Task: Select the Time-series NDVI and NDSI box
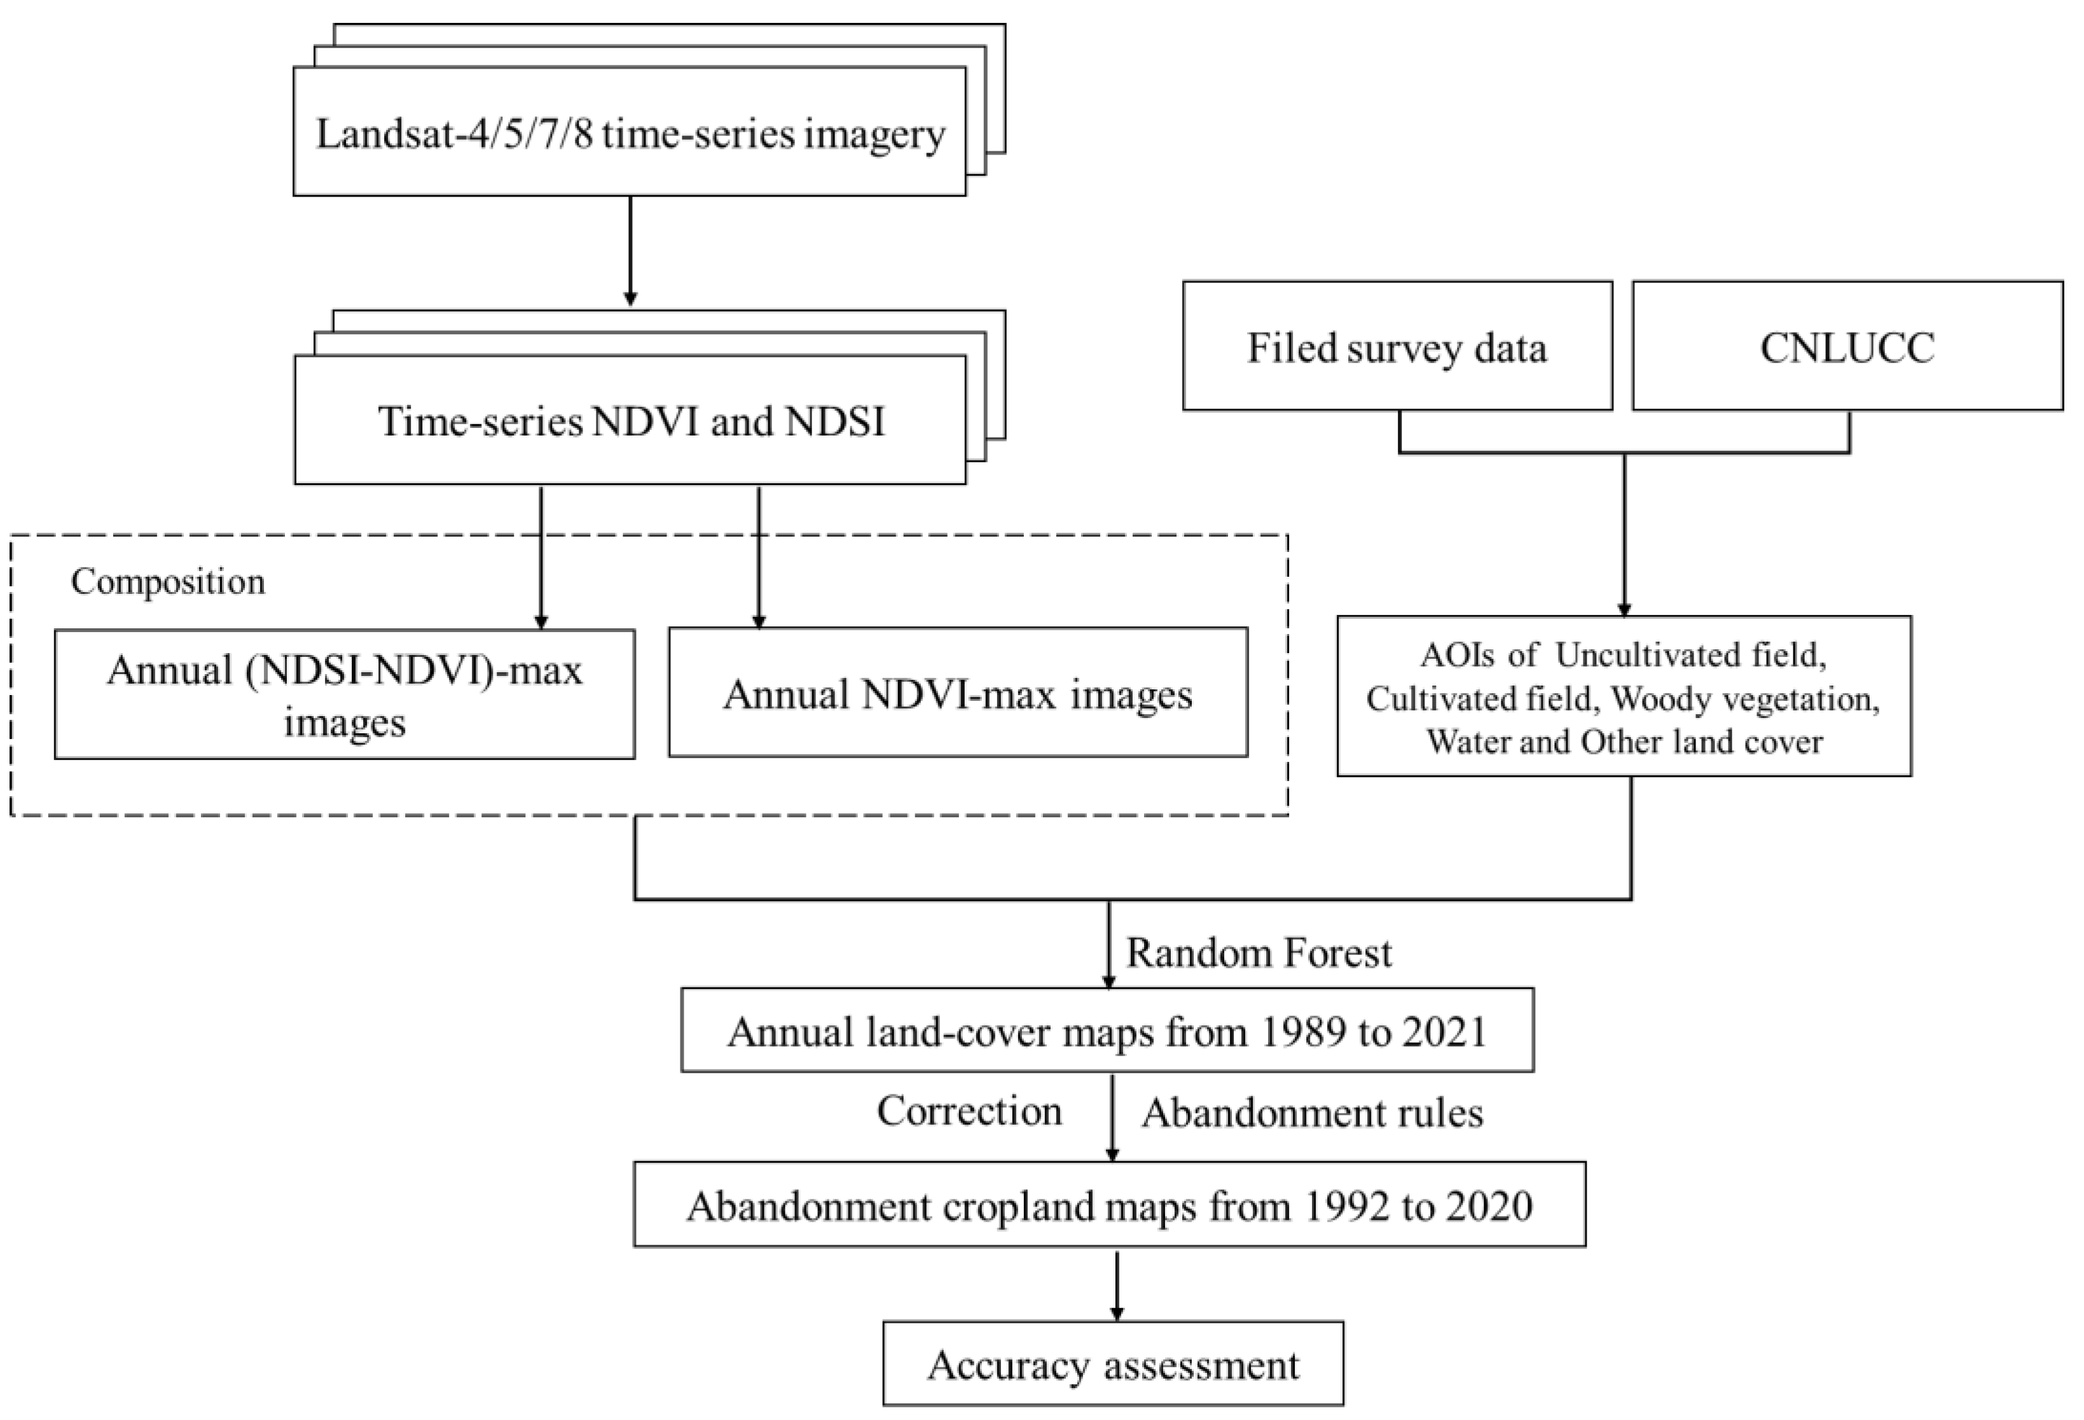(630, 420)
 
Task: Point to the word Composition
(168, 582)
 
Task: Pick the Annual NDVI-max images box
(958, 693)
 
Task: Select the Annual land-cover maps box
(1107, 1031)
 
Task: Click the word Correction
(969, 1112)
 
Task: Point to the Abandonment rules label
(1311, 1113)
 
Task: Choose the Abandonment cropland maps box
(1109, 1205)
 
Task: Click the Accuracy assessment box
(1113, 1365)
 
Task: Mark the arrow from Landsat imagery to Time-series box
(630, 251)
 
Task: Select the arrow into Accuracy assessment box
(1117, 1284)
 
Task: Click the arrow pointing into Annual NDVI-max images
(759, 556)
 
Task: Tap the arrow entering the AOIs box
(1624, 538)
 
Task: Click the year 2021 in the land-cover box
(1444, 1032)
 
